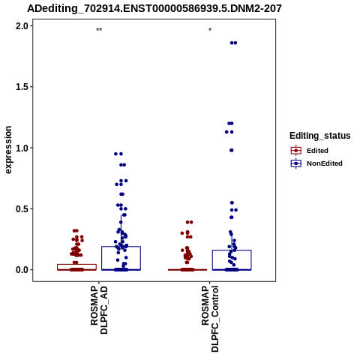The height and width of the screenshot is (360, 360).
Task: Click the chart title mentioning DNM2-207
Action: coord(154,9)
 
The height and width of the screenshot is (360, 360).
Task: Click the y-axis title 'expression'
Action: coord(8,150)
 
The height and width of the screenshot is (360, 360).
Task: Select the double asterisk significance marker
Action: coord(99,30)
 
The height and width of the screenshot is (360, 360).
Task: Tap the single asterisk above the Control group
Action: coord(210,30)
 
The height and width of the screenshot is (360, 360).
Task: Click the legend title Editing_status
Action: coord(320,136)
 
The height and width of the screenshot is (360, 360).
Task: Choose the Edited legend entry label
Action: coord(317,151)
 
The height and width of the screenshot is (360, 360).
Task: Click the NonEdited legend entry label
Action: coord(325,163)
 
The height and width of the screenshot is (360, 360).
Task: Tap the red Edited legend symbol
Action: coord(296,151)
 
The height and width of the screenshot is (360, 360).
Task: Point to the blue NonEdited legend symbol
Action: coord(296,163)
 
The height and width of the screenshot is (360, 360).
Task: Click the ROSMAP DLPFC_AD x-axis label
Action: coord(99,310)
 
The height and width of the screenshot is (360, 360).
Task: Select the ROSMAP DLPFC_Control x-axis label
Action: coord(210,319)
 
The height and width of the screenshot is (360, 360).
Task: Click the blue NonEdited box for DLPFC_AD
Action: coord(121,247)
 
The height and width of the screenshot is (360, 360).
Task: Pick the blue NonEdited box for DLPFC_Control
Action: coord(232,250)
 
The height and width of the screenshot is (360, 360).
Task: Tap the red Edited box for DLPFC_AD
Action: coord(76,265)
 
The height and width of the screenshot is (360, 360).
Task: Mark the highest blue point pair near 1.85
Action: coord(233,43)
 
